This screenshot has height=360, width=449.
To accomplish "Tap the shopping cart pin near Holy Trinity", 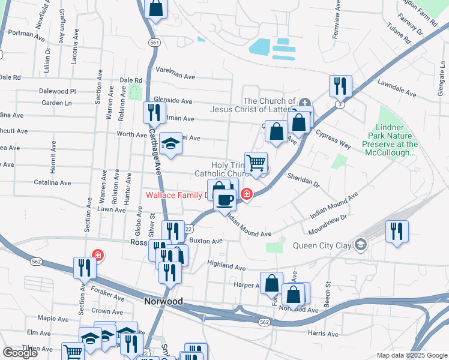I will click(x=256, y=162).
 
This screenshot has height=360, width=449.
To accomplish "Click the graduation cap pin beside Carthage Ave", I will click(x=171, y=143).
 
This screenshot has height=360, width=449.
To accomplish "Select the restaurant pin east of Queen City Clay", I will click(x=397, y=230).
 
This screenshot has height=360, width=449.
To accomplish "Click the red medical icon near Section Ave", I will click(x=97, y=255).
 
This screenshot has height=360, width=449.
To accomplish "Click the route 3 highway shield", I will click(x=340, y=104).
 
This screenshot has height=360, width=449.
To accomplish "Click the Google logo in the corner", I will click(x=20, y=353).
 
